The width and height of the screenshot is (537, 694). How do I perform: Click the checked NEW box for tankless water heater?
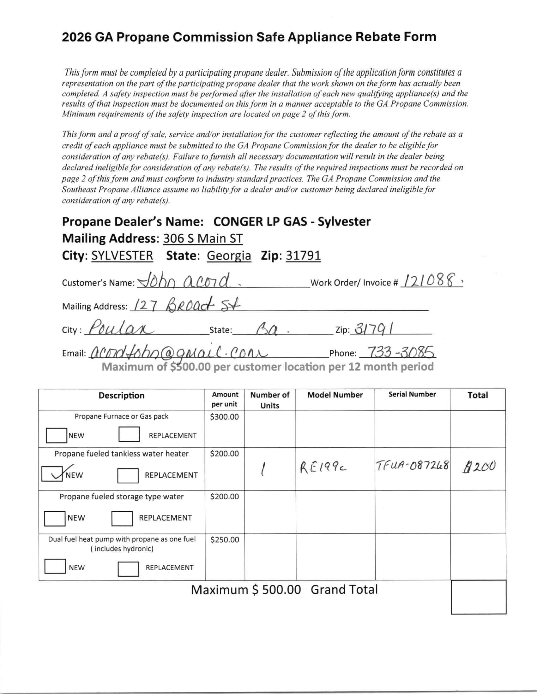(x=52, y=474)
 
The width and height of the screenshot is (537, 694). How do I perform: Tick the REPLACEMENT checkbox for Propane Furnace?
(x=129, y=434)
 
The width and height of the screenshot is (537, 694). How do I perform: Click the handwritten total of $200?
(x=479, y=467)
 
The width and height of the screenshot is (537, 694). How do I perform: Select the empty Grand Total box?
(x=479, y=597)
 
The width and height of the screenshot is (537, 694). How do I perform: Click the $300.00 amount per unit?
(x=224, y=417)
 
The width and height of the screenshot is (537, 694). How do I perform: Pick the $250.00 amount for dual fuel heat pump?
(x=225, y=539)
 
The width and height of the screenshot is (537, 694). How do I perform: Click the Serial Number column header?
(x=412, y=394)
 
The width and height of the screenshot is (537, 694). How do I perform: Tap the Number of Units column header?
(x=270, y=400)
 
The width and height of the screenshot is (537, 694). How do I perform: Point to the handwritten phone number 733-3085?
(x=401, y=352)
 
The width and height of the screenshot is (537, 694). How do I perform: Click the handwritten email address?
(x=178, y=353)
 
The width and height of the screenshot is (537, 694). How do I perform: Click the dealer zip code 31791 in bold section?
(x=303, y=256)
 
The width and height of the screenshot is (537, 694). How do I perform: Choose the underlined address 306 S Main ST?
(x=203, y=238)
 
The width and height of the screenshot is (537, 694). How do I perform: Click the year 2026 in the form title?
(x=76, y=37)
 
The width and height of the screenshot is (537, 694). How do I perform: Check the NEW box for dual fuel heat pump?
(x=55, y=566)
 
